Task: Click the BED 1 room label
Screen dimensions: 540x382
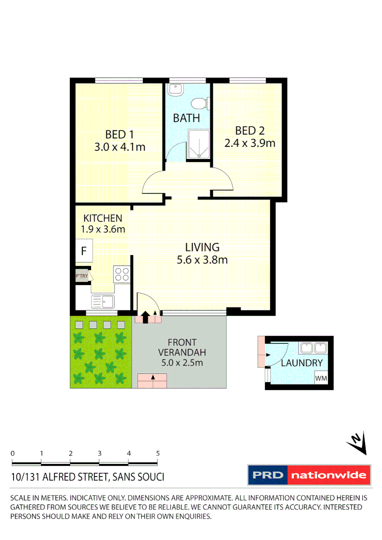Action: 119,134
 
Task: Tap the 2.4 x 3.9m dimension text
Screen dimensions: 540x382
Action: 249,143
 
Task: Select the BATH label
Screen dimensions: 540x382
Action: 186,118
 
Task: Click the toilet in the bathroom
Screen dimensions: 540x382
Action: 200,103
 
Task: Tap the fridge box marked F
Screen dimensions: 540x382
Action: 83,251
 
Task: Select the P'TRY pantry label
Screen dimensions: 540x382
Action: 81,276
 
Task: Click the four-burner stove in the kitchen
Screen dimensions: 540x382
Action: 122,274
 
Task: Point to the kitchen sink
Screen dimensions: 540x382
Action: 102,301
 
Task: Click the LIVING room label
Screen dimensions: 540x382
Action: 202,247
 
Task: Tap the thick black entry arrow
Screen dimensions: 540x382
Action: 145,317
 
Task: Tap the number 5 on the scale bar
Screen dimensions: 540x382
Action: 158,453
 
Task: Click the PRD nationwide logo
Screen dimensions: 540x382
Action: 309,475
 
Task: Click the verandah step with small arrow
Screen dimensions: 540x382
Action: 151,381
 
